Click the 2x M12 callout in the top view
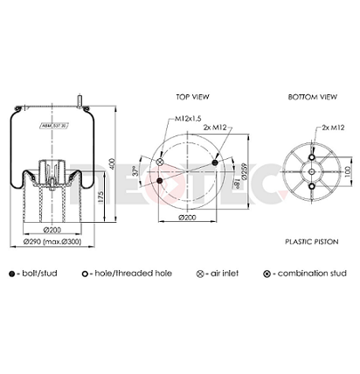click(214, 127)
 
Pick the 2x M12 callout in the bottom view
click(331, 127)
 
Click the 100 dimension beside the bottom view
click(346, 168)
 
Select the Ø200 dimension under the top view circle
click(187, 217)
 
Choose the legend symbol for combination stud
click(266, 274)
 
